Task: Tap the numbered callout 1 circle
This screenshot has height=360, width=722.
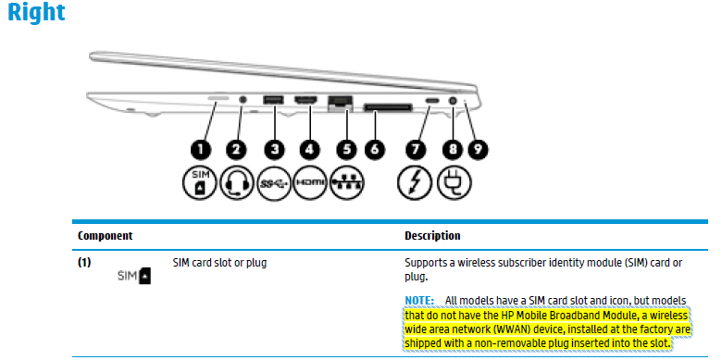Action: pos(201,148)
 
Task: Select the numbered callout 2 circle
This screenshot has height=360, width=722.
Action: pos(237,148)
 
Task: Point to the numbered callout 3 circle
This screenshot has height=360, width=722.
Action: pos(273,148)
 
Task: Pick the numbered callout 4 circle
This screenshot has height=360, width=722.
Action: pos(309,148)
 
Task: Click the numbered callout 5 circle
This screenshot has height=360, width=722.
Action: pos(345,148)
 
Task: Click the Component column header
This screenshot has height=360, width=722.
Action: pos(105,236)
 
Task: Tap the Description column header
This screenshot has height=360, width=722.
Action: pos(432,236)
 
